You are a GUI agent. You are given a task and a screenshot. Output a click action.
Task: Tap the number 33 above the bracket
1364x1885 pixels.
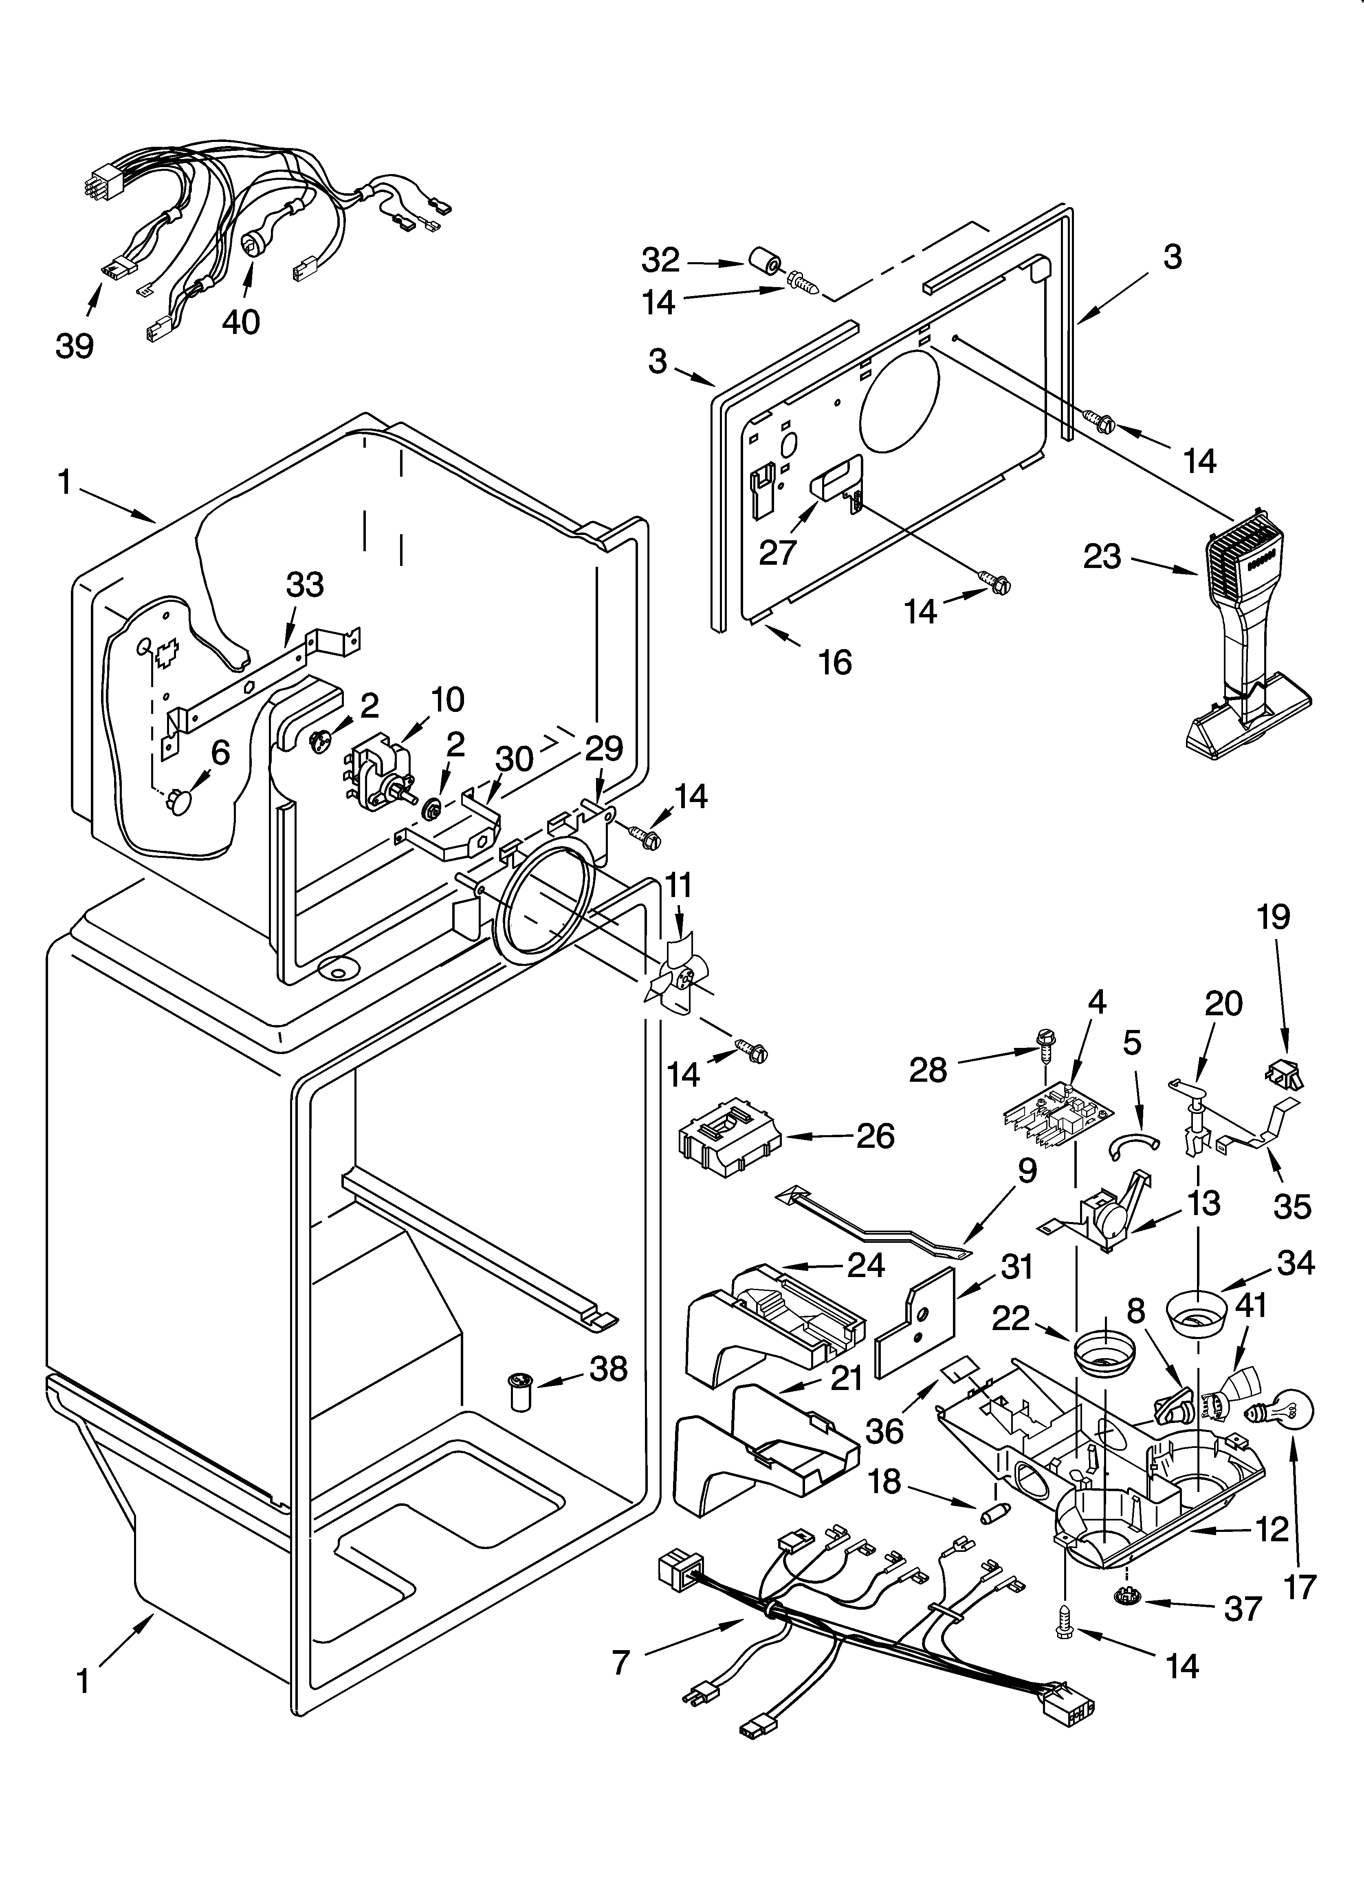click(305, 585)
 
